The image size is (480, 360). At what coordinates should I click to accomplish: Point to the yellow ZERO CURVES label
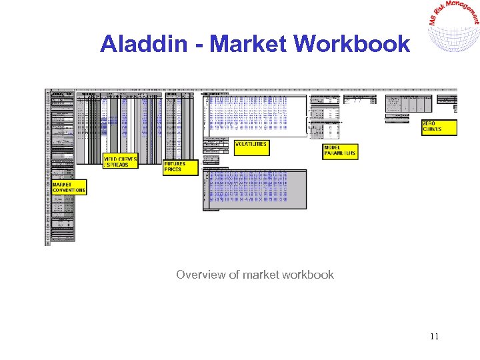(439, 127)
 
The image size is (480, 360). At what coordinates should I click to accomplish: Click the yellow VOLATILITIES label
(251, 147)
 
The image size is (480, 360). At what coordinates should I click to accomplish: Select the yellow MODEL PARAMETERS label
(340, 151)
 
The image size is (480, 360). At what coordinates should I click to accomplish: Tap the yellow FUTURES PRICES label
(181, 167)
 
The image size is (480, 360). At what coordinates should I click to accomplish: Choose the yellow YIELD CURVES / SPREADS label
(120, 161)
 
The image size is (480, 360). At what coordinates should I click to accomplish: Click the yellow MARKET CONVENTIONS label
(69, 187)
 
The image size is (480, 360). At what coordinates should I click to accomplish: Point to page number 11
(434, 336)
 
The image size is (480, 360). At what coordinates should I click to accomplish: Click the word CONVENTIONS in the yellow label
(69, 191)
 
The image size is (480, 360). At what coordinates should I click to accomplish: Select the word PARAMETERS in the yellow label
(340, 154)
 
